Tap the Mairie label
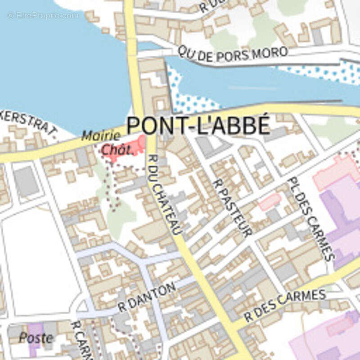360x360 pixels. [101, 135]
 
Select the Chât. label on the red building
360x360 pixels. [117, 150]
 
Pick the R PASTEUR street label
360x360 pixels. [232, 207]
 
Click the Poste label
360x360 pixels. [36, 338]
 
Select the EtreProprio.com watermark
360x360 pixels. [43, 15]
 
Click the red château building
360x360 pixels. [130, 146]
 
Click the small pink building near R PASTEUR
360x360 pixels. [270, 201]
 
